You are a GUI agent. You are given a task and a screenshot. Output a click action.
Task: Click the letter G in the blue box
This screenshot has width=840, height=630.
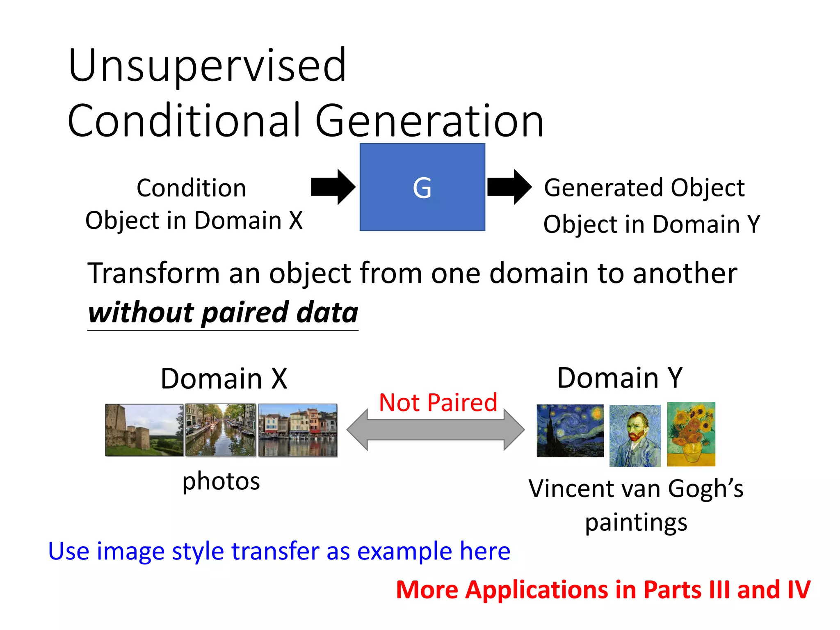[422, 188]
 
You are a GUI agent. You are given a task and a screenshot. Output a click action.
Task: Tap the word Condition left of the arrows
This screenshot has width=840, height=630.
[191, 188]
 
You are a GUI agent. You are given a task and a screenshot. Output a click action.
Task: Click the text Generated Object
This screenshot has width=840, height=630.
[644, 188]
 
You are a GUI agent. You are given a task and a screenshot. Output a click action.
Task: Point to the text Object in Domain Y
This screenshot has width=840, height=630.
[651, 224]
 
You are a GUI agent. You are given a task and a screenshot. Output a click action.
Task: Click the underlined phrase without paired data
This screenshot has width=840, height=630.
[223, 313]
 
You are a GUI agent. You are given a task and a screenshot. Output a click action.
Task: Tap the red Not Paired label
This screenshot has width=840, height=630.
[438, 403]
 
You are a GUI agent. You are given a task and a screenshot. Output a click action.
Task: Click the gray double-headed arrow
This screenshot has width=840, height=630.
[435, 430]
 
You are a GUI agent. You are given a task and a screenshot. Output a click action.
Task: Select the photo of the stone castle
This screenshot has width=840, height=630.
[144, 430]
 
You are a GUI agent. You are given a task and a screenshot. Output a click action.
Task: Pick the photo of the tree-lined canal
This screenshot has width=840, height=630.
[220, 430]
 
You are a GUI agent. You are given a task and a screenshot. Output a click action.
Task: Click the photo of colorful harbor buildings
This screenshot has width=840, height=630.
[298, 430]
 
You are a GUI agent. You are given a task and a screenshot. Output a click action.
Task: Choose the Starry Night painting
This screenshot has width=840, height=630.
[570, 431]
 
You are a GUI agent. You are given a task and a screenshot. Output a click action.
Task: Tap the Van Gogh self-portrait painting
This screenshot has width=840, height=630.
[635, 436]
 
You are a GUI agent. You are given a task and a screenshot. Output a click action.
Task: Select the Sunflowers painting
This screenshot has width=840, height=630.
[691, 434]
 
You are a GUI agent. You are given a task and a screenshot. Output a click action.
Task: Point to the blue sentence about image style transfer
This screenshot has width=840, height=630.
[279, 551]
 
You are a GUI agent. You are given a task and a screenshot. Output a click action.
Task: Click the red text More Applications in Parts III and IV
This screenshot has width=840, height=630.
[603, 590]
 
